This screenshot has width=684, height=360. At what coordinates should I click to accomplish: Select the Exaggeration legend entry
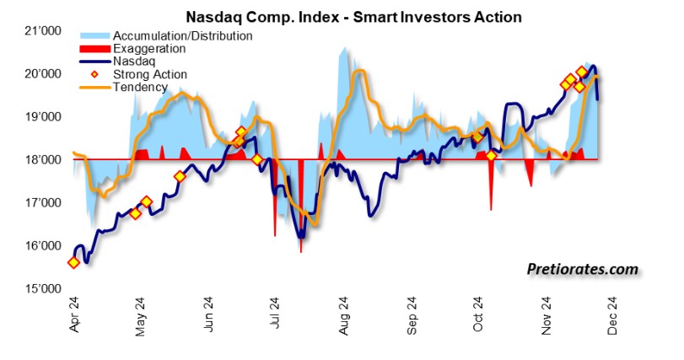[x=151, y=49]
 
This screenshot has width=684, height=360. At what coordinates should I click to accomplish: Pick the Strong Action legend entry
[x=150, y=74]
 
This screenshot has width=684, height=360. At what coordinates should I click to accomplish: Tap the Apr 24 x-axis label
[x=73, y=317]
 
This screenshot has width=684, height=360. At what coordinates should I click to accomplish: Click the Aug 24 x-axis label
[x=344, y=317]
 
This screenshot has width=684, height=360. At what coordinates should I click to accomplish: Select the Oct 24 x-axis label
[x=478, y=317]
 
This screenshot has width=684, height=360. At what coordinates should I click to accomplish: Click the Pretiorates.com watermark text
[x=582, y=270]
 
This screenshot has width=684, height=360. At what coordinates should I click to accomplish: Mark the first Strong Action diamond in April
[x=73, y=262]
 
